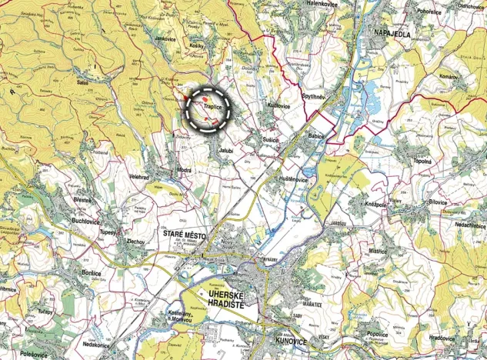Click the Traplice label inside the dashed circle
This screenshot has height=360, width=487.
tap(213, 108)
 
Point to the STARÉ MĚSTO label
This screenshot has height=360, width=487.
tap(183, 232)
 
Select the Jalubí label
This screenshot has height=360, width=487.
tap(225, 150)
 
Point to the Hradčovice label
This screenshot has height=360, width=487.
tap(443, 337)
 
